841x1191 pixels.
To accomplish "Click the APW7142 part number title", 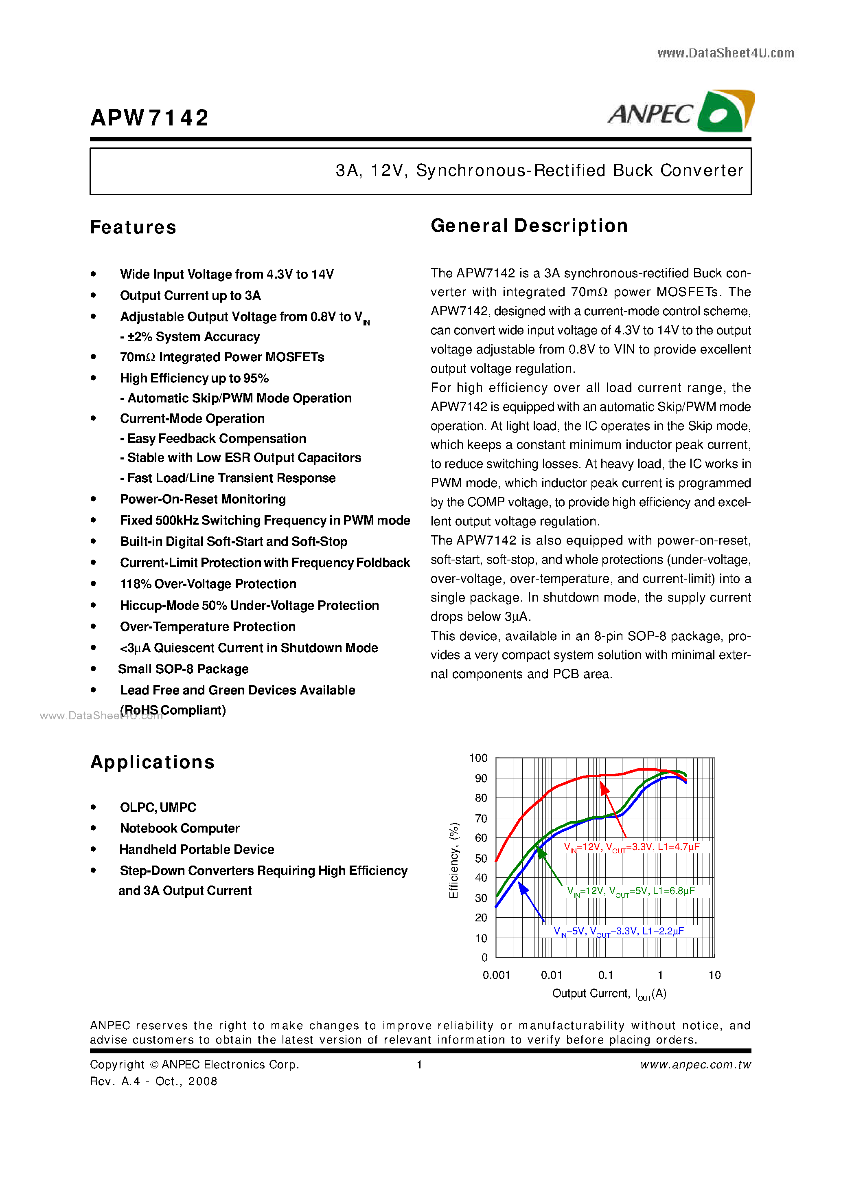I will (x=149, y=118).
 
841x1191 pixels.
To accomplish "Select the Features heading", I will (x=133, y=227).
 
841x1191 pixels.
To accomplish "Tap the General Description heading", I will (x=529, y=226).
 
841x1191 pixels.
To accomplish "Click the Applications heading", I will (x=152, y=762).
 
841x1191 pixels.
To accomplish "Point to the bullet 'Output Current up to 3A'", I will (x=190, y=296).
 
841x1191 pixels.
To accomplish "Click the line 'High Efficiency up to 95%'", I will (x=195, y=378).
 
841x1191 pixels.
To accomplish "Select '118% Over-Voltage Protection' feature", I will (x=208, y=584).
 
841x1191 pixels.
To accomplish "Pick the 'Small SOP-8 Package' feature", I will (x=183, y=669).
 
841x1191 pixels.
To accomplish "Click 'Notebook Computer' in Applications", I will (x=180, y=828).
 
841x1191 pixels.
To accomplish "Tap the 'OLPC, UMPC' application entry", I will (x=158, y=808).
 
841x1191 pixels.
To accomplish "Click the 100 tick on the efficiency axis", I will (x=478, y=758).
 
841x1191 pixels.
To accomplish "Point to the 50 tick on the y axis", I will (x=481, y=859).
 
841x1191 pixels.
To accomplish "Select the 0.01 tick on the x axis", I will (x=551, y=975).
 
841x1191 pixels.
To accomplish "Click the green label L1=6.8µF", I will (x=674, y=891).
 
